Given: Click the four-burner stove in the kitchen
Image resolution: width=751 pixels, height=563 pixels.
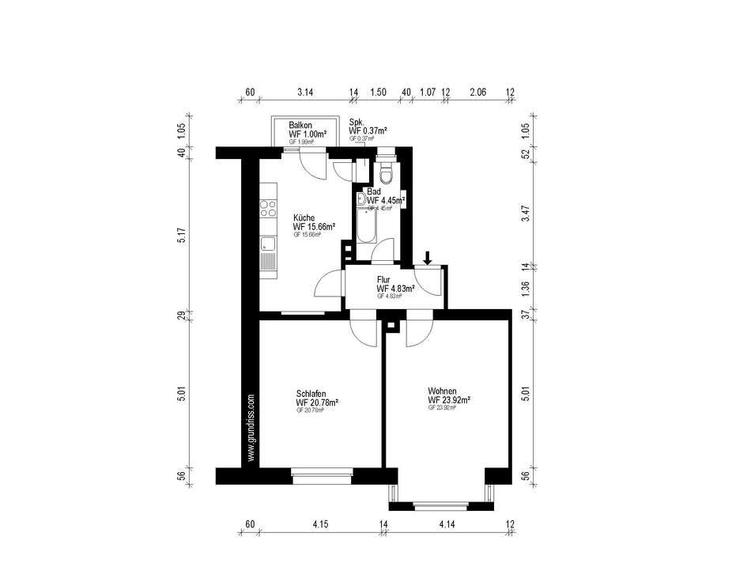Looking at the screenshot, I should pyautogui.click(x=267, y=209).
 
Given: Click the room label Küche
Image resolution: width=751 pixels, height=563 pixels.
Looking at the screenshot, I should pyautogui.click(x=304, y=217).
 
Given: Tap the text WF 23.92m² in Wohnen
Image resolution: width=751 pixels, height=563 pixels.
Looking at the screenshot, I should pyautogui.click(x=449, y=400).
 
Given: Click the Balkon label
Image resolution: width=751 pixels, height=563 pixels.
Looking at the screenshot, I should pyautogui.click(x=301, y=126).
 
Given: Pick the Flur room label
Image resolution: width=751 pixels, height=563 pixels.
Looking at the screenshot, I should pyautogui.click(x=384, y=279).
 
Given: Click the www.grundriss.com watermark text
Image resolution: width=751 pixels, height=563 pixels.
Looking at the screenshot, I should pyautogui.click(x=250, y=427).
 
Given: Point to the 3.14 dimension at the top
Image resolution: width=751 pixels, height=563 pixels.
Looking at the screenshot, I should pyautogui.click(x=305, y=93).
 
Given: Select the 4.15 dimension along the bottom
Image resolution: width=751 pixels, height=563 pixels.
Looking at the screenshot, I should pyautogui.click(x=320, y=524).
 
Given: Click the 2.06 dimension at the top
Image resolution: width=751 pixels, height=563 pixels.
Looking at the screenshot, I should pyautogui.click(x=477, y=93).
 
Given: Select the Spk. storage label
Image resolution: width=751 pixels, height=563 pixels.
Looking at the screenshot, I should pyautogui.click(x=357, y=121).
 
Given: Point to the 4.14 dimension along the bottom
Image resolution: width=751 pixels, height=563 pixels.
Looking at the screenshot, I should pyautogui.click(x=449, y=524).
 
